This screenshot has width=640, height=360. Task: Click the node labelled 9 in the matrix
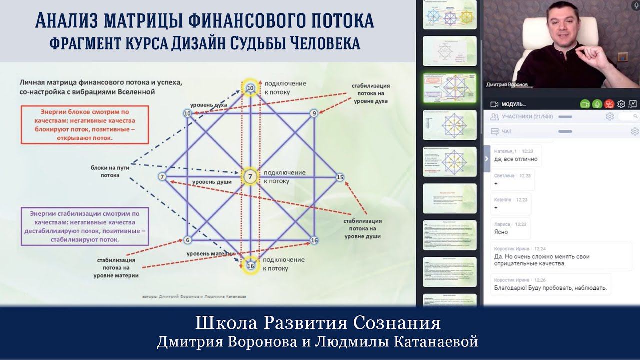point(314,113)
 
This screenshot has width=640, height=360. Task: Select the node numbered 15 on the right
point(340,177)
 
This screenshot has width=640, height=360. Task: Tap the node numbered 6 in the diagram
point(188,240)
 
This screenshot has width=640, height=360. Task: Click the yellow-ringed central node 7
point(250,176)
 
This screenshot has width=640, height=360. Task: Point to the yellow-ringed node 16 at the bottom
point(250,266)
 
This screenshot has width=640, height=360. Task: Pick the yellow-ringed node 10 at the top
point(250,88)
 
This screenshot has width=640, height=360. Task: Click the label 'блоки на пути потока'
point(110,171)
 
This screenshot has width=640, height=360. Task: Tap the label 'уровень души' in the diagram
point(212,182)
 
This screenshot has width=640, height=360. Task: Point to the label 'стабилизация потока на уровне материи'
point(118,267)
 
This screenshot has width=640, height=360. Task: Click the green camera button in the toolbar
point(585,104)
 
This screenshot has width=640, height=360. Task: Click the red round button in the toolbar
point(609,104)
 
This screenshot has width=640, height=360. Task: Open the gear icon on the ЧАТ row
point(634,132)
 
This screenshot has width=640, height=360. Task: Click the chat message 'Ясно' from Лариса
point(501,232)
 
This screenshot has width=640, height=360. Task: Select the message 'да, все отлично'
point(515,159)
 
